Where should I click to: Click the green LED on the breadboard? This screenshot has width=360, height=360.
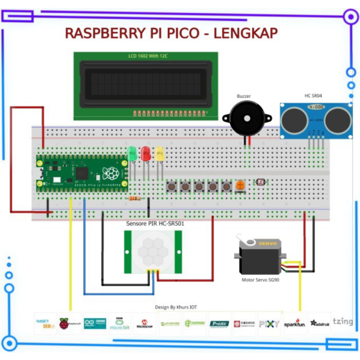pyautogui.click(x=132, y=154)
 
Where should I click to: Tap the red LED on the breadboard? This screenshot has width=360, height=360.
pyautogui.click(x=146, y=154)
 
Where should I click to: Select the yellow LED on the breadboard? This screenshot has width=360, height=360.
pyautogui.click(x=160, y=154)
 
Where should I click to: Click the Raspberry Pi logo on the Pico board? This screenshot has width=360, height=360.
pyautogui.click(x=110, y=173)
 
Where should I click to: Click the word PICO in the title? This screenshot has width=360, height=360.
pyautogui.click(x=179, y=33)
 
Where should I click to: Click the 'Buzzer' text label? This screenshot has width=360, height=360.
pyautogui.click(x=244, y=96)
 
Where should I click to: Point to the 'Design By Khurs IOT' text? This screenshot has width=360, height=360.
pyautogui.click(x=176, y=307)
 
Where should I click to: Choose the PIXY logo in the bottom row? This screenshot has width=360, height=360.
pyautogui.click(x=269, y=323)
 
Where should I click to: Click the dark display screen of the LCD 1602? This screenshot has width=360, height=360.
pyautogui.click(x=143, y=85)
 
